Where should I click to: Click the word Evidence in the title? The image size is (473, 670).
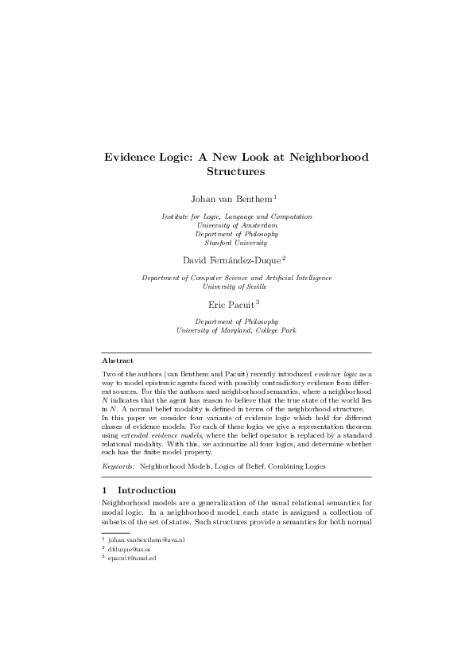133,157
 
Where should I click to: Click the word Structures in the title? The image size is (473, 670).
235,170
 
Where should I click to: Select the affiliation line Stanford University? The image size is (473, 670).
237,243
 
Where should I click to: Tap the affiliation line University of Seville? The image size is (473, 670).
237,286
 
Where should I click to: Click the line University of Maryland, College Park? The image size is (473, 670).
237,329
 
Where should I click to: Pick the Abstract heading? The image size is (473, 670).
118,360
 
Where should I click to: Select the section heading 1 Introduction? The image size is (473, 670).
139,490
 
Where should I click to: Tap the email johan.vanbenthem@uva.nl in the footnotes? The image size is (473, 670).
152,540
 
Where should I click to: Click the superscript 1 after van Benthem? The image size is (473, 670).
275,195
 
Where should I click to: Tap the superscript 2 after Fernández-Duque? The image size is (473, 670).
284,257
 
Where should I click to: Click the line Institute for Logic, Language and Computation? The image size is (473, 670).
237,216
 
